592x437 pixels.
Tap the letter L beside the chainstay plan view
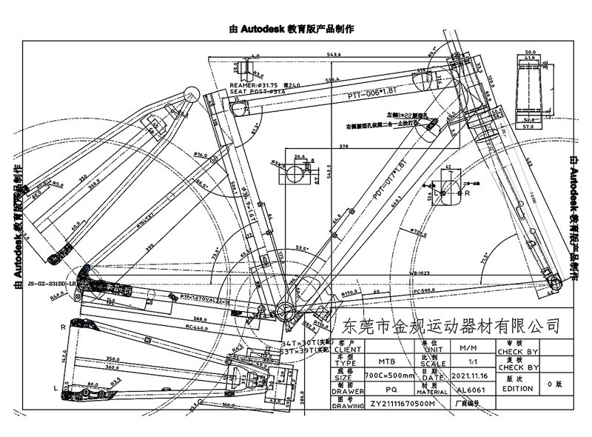(x=58, y=387)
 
